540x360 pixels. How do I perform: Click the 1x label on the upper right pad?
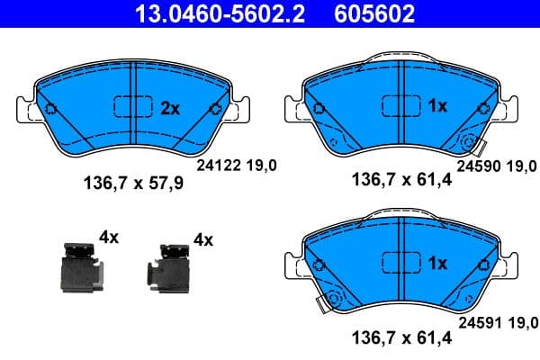[437, 106]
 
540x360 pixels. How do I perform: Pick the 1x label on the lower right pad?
[437, 264]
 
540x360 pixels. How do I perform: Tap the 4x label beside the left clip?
[109, 238]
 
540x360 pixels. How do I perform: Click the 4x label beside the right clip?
[202, 239]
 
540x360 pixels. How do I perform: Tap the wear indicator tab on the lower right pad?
[319, 304]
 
